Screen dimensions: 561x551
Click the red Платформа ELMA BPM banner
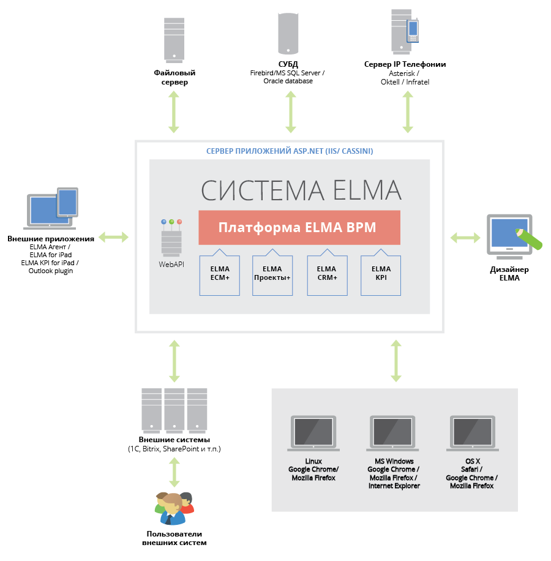[x=299, y=227]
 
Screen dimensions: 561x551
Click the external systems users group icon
[x=174, y=508]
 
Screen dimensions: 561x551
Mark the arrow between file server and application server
[x=174, y=111]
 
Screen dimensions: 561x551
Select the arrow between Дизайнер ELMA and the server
[x=465, y=236]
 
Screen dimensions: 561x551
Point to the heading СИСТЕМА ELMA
[x=301, y=190]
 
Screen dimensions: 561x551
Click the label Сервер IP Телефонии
[x=405, y=64]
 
